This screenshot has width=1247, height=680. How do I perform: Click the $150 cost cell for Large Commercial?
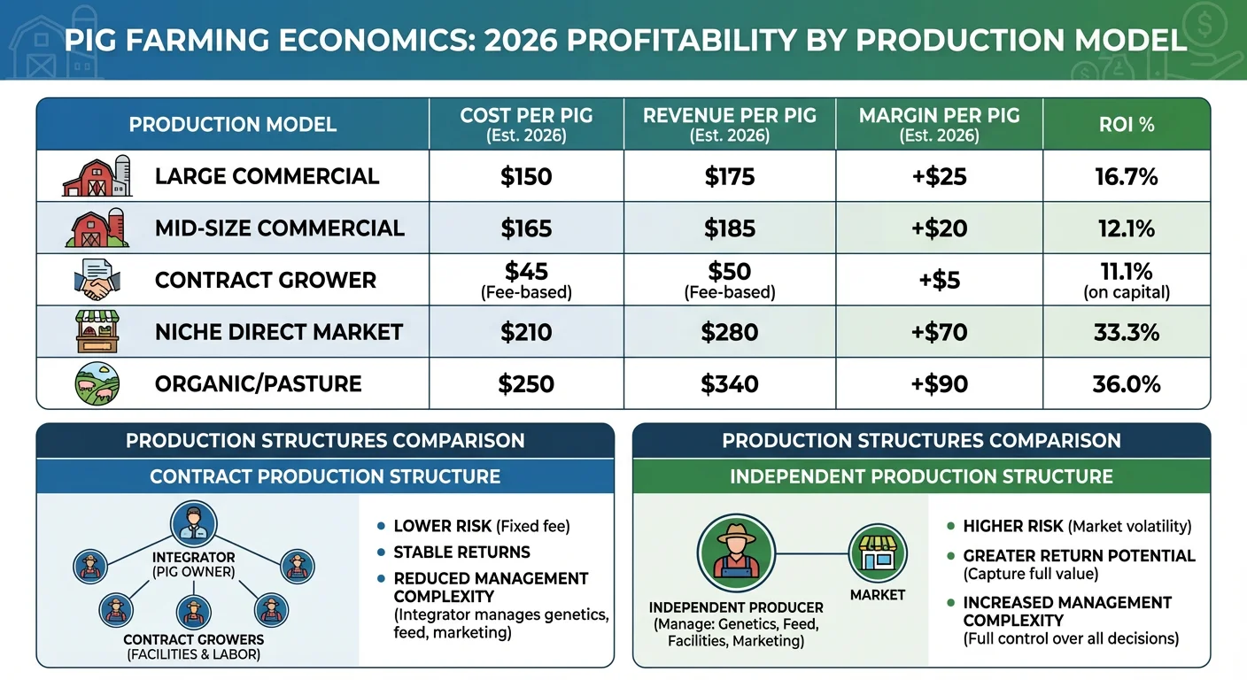(x=526, y=176)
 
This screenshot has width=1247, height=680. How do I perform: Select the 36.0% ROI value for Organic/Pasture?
(x=1126, y=383)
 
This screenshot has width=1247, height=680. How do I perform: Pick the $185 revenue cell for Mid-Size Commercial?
(x=729, y=228)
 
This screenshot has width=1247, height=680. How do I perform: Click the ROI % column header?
(x=1126, y=124)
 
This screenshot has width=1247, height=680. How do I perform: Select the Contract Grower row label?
(x=265, y=280)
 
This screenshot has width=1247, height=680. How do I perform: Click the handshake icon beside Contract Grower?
(x=96, y=281)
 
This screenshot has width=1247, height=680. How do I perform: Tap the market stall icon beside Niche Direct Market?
(x=97, y=332)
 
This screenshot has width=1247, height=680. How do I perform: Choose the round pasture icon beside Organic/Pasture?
(x=97, y=383)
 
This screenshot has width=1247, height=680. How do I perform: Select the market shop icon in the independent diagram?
(x=877, y=553)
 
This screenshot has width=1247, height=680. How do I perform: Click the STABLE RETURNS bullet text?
(x=461, y=552)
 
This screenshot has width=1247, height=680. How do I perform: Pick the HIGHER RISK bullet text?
(x=1013, y=526)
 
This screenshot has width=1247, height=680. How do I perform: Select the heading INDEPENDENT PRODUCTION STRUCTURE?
(x=921, y=476)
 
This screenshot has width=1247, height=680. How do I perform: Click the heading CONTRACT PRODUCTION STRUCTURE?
(x=325, y=476)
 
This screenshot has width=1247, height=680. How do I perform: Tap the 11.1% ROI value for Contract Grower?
(x=1126, y=272)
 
